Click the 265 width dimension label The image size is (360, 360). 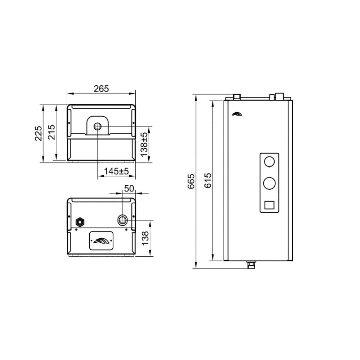tap(101, 89)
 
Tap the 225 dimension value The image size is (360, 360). tap(39, 133)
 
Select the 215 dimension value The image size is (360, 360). tap(51, 132)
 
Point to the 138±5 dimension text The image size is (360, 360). tap(144, 145)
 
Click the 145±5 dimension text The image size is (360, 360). tap(116, 171)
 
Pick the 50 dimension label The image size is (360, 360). tap(129, 189)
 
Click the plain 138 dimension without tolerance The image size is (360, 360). tap(145, 238)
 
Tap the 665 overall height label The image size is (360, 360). tap(191, 181)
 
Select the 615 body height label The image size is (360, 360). tap(208, 180)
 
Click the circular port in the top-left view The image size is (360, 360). tap(98, 126)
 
